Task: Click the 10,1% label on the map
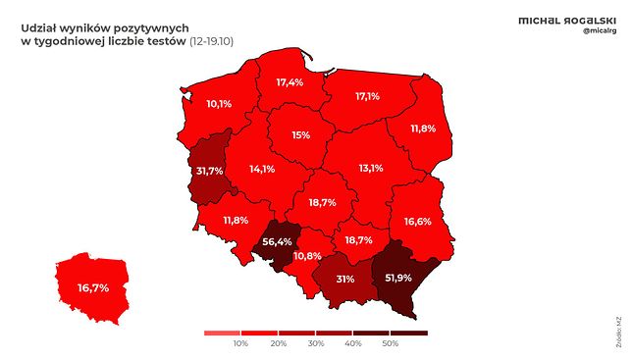click(x=219, y=103)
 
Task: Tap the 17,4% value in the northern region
click(x=289, y=82)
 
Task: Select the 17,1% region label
click(x=367, y=97)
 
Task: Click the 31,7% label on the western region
click(x=210, y=171)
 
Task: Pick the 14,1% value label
click(x=262, y=169)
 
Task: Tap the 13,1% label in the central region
click(x=370, y=168)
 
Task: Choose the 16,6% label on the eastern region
click(x=417, y=222)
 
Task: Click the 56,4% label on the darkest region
click(x=278, y=241)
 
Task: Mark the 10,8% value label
click(x=308, y=256)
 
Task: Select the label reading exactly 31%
click(x=344, y=279)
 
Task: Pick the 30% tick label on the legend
click(x=315, y=344)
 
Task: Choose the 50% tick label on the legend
click(x=390, y=344)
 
